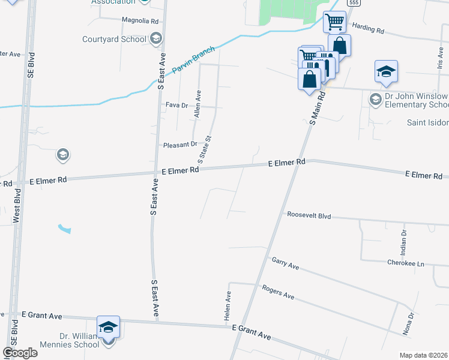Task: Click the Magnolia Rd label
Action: (140, 20)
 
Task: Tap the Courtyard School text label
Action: (114, 40)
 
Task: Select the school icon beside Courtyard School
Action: (155, 40)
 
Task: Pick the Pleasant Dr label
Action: (180, 145)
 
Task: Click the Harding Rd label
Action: (368, 27)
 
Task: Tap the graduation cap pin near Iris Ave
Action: (386, 72)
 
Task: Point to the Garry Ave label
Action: (285, 263)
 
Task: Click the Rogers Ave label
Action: (278, 292)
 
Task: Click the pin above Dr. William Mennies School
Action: (108, 328)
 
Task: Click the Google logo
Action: (20, 353)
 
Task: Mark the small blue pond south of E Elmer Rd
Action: (64, 229)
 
